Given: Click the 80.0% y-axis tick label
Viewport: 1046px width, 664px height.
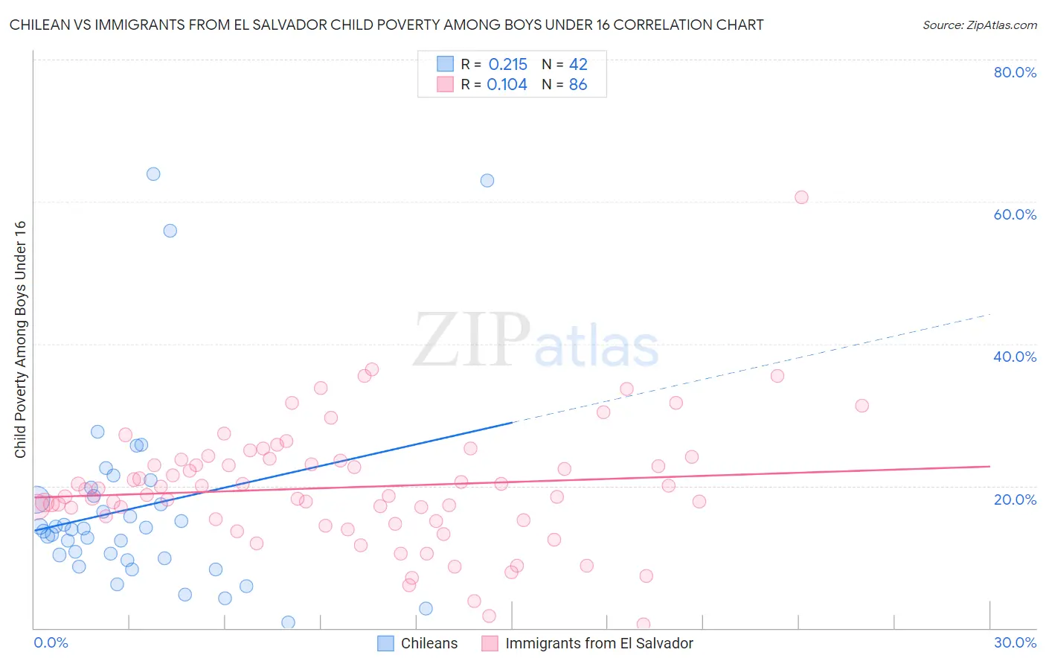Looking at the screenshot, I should click(1015, 72).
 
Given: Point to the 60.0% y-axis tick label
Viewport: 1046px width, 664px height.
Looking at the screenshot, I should click(1015, 214).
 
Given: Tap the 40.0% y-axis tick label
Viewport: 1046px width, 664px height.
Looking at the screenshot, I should click(1015, 357).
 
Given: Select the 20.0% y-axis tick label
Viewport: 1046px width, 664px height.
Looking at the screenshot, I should click(1015, 499).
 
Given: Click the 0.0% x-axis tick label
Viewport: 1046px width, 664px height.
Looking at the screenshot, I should click(51, 642).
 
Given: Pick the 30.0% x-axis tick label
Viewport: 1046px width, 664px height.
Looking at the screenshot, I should click(1015, 642).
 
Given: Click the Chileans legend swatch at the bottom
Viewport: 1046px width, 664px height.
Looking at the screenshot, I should click(385, 643).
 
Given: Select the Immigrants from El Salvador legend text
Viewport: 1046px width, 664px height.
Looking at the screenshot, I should click(599, 643).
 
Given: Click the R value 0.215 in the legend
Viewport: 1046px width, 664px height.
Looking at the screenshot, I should click(507, 65).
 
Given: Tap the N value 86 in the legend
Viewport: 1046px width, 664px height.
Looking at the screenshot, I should click(578, 85).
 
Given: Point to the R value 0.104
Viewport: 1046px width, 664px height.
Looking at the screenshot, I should click(507, 85).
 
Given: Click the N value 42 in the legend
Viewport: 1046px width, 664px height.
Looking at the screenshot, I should click(578, 65).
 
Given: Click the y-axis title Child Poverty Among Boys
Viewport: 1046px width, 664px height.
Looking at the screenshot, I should click(20, 339).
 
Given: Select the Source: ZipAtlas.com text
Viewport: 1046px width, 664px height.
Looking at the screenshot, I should click(979, 25).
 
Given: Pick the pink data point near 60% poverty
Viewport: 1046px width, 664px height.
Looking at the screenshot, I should click(801, 197).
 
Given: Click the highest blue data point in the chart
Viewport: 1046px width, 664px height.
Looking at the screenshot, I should click(153, 174).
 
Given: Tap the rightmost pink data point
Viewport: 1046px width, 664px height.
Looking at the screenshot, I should click(861, 406).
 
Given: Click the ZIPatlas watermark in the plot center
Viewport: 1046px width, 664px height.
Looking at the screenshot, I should click(536, 341).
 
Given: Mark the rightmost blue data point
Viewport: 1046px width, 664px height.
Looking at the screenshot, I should click(487, 180).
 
